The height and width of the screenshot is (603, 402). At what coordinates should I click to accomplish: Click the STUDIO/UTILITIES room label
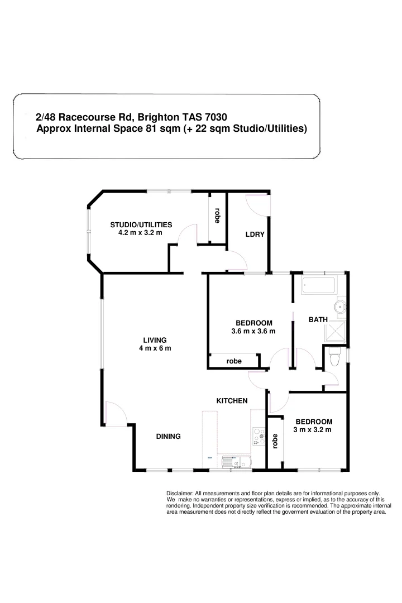(x=140, y=224)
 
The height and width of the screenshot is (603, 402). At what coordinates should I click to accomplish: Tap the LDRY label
(x=255, y=234)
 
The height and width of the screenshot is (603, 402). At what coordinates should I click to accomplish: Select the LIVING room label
(x=155, y=340)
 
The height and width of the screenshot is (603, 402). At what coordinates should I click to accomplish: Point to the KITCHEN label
(x=232, y=401)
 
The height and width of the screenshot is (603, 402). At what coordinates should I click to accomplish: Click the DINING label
(x=168, y=437)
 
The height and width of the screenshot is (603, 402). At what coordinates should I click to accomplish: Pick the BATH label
(x=318, y=320)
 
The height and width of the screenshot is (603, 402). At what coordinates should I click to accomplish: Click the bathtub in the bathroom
(x=319, y=286)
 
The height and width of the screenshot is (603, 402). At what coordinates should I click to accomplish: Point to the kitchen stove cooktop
(x=259, y=436)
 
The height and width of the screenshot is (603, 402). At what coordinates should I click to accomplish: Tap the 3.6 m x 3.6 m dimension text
(x=253, y=331)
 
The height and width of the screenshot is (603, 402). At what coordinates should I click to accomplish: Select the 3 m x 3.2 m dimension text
(x=313, y=430)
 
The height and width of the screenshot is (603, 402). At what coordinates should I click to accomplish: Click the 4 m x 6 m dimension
(x=155, y=348)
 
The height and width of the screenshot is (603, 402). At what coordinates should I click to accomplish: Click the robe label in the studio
(x=217, y=217)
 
